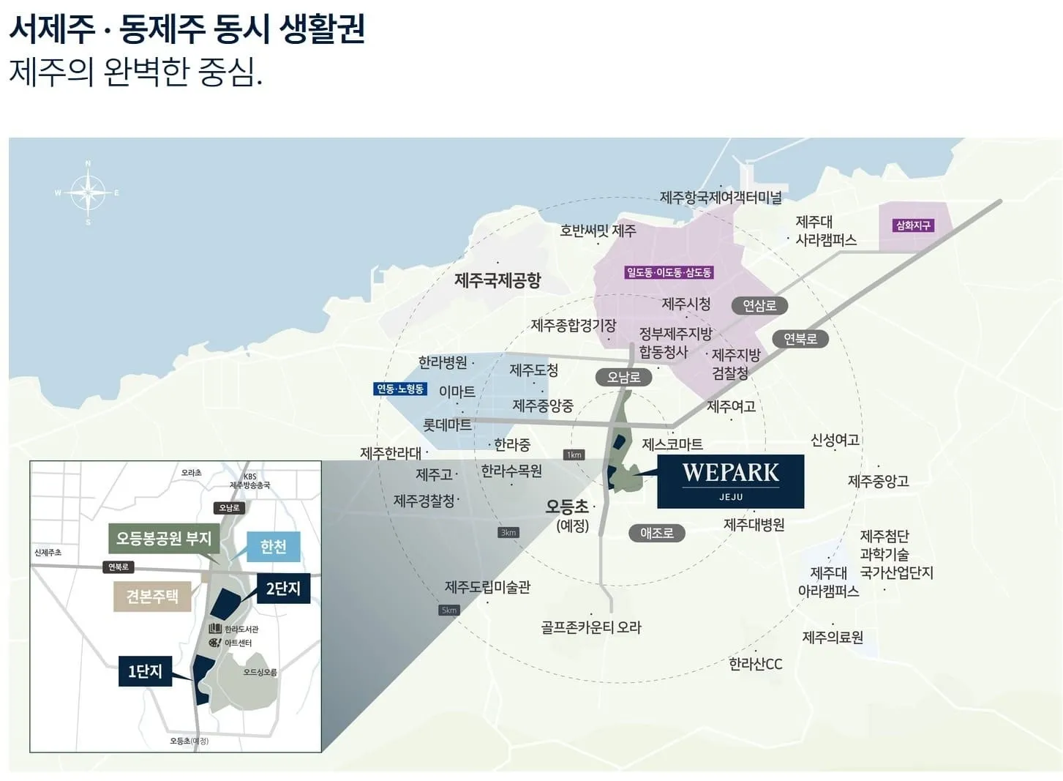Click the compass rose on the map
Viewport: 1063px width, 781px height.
[x=88, y=193]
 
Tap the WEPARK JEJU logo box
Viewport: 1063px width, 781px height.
[x=730, y=481]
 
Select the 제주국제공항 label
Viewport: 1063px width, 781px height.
[x=497, y=280]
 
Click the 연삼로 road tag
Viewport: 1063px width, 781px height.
[x=759, y=305]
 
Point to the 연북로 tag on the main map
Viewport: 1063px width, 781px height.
[x=800, y=339]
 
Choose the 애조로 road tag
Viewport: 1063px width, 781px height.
[x=656, y=533]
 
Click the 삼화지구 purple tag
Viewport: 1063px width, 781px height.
[x=912, y=225]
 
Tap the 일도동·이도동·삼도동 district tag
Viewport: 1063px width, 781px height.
[x=669, y=272]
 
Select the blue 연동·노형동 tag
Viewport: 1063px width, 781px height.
[x=399, y=389]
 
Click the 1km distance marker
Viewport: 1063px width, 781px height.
[x=574, y=455]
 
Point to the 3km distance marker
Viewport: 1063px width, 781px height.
[x=508, y=532]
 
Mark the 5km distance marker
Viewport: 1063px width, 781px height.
[x=449, y=610]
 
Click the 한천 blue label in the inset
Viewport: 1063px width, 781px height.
[x=273, y=547]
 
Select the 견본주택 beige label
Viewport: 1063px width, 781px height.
[x=151, y=596]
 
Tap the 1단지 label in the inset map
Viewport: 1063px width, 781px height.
[x=145, y=670]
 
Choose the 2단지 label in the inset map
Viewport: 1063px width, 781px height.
[x=283, y=588]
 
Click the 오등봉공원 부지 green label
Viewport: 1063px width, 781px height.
[x=164, y=539]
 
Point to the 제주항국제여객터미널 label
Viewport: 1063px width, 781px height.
[x=721, y=197]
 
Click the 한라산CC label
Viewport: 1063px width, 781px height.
[x=756, y=664]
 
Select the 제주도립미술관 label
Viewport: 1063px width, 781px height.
[x=487, y=587]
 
